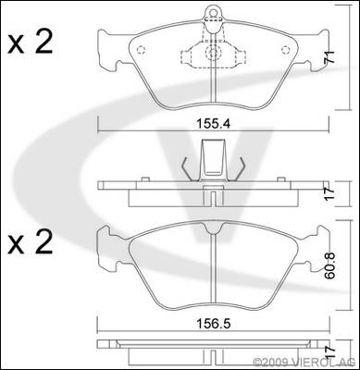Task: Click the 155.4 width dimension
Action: click(x=213, y=124)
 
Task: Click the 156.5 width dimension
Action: click(x=214, y=324)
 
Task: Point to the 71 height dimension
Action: click(x=329, y=57)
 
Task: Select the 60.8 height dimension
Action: click(x=330, y=266)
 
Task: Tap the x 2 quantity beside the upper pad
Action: click(x=31, y=43)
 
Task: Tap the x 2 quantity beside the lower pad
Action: click(x=31, y=243)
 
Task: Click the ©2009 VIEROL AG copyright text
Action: click(x=304, y=362)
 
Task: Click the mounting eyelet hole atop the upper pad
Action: click(x=213, y=13)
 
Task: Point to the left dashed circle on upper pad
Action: click(x=141, y=50)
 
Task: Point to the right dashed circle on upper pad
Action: click(x=285, y=50)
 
